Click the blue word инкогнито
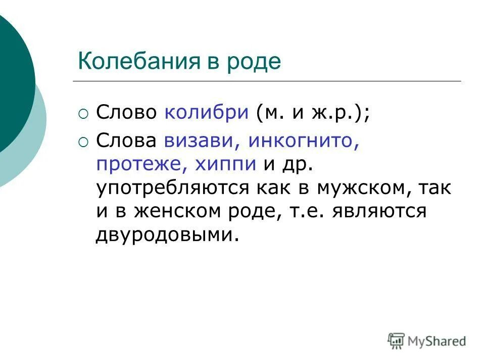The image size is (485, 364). click(303, 140)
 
